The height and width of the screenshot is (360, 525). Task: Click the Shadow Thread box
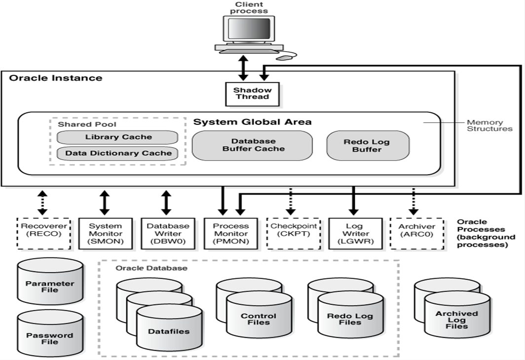coord(252,93)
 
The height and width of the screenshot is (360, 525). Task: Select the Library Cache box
coord(118,137)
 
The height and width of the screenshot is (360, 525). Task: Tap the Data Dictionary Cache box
coord(118,153)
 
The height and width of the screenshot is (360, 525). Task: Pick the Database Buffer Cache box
coord(253,145)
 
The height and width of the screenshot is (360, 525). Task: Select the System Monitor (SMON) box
coord(105,233)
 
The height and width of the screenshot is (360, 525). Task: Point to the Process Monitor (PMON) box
coord(230,233)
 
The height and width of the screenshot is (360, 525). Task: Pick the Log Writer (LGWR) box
coord(353,233)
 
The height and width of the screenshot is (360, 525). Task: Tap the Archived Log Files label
coord(457,320)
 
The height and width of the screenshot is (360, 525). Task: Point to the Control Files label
coord(259,319)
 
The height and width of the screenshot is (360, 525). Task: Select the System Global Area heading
coord(252,122)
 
